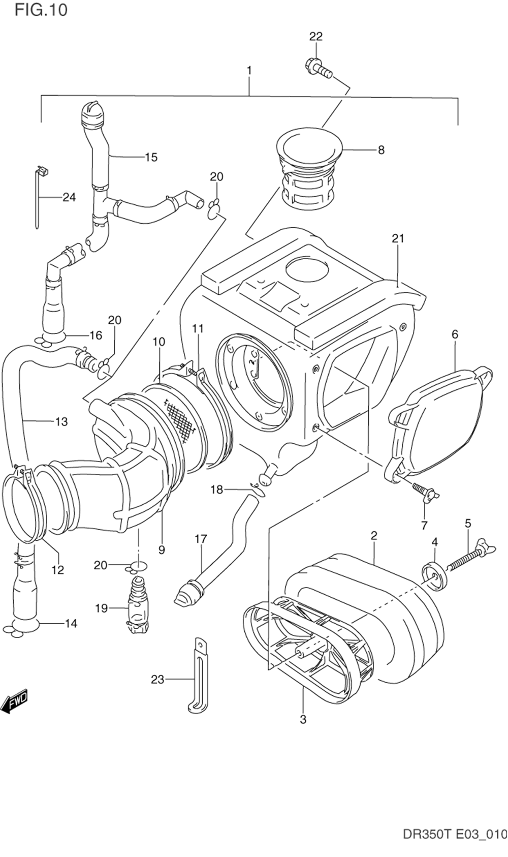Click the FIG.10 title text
[x=41, y=10]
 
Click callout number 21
[x=398, y=238]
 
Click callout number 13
[x=61, y=421]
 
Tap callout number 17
[x=201, y=539]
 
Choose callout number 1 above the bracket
[x=249, y=71]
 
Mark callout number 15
[x=151, y=157]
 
